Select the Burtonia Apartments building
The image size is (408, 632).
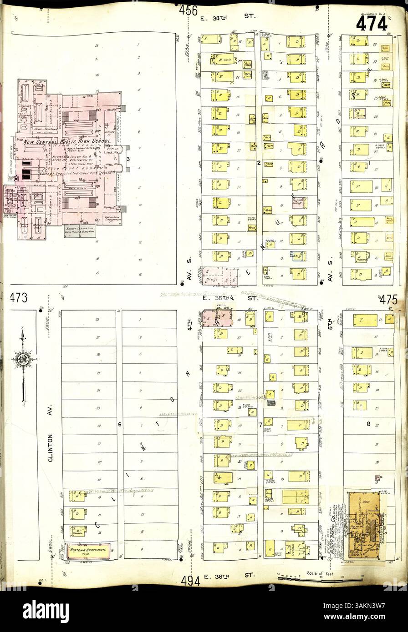click(88, 551)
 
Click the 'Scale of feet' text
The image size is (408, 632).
click(321, 573)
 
